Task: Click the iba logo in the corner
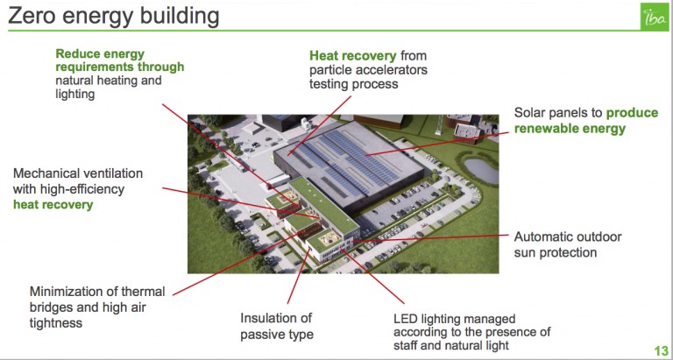point(654,17)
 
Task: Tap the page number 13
point(661,349)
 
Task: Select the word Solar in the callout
point(528,112)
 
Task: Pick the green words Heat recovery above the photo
point(353,56)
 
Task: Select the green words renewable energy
point(570,128)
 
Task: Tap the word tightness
point(56,322)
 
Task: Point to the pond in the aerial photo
point(481,171)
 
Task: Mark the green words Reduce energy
point(100,54)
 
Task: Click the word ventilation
point(114,173)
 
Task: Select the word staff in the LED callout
point(406,345)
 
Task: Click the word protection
point(568,252)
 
